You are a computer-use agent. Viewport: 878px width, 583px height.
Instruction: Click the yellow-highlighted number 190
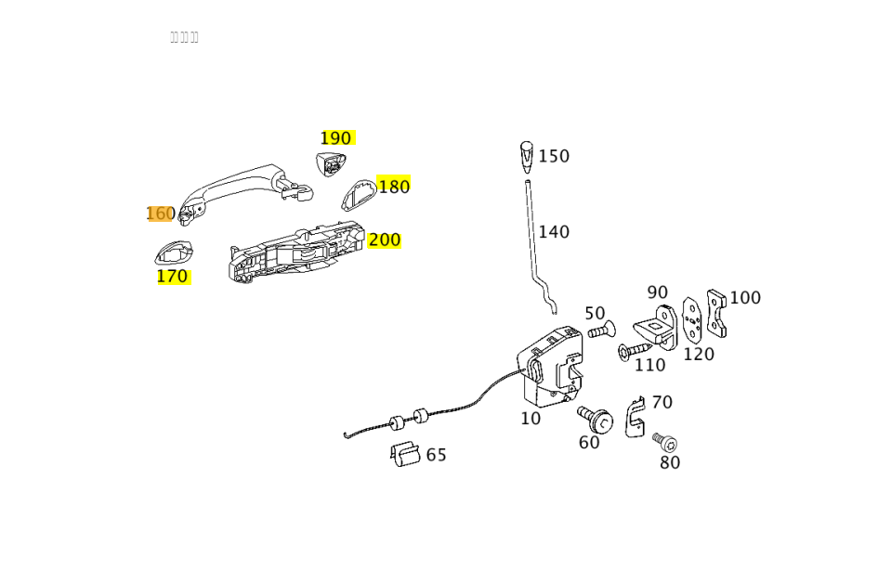[336, 138]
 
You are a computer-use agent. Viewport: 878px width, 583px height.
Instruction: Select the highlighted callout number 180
[394, 187]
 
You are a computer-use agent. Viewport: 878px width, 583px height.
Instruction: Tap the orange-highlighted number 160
[160, 214]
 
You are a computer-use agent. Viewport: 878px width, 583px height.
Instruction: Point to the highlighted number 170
[172, 277]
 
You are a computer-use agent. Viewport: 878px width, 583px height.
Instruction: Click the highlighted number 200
[384, 240]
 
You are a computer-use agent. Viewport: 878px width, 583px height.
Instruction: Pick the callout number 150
[554, 157]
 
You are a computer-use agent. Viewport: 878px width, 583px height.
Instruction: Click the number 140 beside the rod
[554, 232]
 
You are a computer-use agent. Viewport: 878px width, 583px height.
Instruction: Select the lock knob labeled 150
[527, 156]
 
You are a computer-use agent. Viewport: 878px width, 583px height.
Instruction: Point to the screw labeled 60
[596, 420]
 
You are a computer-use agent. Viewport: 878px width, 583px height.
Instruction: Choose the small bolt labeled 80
[665, 442]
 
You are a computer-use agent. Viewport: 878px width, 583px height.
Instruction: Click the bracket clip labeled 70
[636, 418]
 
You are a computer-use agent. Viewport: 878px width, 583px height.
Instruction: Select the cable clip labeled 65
[405, 454]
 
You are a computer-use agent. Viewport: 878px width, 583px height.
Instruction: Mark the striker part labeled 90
[656, 327]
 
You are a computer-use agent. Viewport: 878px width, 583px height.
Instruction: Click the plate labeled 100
[715, 313]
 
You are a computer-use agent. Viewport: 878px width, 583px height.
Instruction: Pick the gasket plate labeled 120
[691, 320]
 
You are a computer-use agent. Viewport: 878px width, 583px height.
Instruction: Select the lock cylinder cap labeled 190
[330, 164]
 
